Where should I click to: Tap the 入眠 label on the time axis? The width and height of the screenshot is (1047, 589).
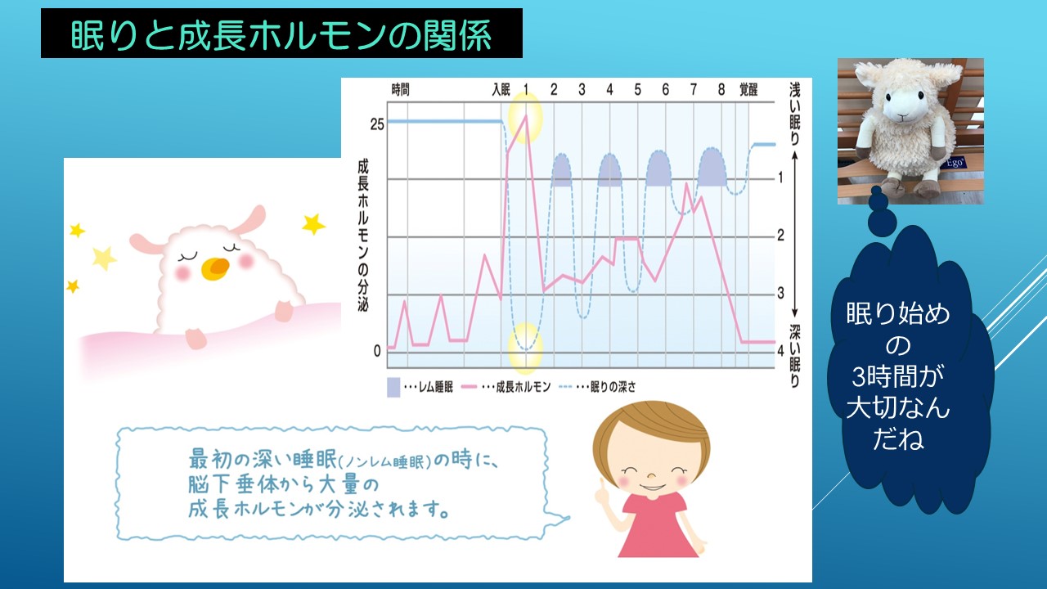(x=501, y=89)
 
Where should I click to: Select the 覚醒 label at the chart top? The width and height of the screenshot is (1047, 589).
(x=748, y=89)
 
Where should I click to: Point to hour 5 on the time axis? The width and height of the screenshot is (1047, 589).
(x=637, y=89)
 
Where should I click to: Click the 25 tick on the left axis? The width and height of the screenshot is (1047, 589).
(x=377, y=124)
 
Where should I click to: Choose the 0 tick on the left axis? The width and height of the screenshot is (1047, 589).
(x=377, y=351)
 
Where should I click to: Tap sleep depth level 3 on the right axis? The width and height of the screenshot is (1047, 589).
(x=780, y=293)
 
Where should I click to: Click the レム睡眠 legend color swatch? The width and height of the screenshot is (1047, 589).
(x=393, y=387)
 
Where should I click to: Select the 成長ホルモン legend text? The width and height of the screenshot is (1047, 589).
(x=523, y=387)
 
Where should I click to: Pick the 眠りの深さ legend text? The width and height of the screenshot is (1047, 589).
(x=613, y=387)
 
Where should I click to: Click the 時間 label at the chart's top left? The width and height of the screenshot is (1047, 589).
(x=400, y=89)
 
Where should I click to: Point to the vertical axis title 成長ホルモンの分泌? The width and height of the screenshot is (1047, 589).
(x=363, y=236)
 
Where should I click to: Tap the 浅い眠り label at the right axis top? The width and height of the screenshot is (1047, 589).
(x=794, y=114)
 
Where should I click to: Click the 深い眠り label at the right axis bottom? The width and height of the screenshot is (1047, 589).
(x=794, y=356)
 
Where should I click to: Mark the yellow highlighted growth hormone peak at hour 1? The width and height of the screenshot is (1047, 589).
(x=525, y=118)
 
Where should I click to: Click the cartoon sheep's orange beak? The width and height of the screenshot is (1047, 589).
(x=215, y=268)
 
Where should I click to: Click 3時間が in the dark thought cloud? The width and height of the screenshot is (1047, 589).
(x=897, y=377)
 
